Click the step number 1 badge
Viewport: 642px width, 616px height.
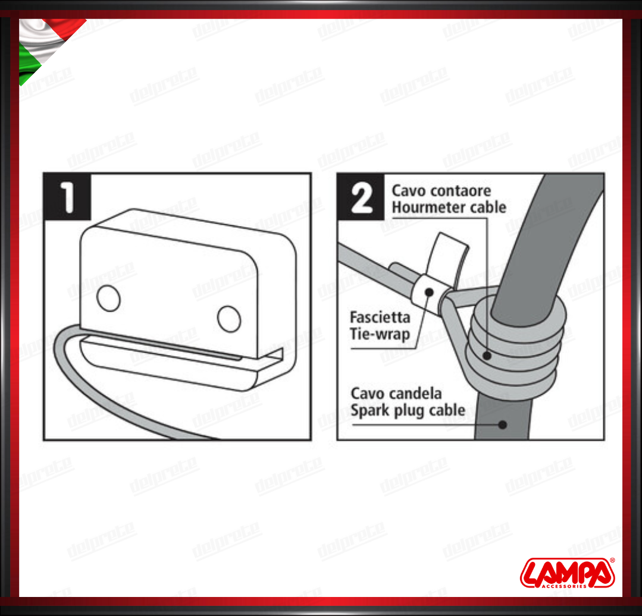pyautogui.click(x=67, y=197)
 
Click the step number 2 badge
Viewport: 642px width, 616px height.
pyautogui.click(x=361, y=197)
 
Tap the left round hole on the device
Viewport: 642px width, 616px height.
pyautogui.click(x=108, y=298)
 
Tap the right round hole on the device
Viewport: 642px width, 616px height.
pyautogui.click(x=229, y=319)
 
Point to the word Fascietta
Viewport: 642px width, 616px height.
pyautogui.click(x=380, y=317)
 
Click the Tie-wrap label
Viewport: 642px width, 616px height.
pyautogui.click(x=380, y=334)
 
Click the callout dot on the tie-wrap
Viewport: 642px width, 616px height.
pyautogui.click(x=429, y=292)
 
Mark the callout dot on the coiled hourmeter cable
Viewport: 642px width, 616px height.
pyautogui.click(x=487, y=356)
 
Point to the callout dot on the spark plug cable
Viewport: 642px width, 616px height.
pyautogui.click(x=502, y=425)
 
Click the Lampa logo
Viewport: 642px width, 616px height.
pyautogui.click(x=568, y=573)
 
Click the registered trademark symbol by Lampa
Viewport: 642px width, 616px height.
pyautogui.click(x=612, y=560)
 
